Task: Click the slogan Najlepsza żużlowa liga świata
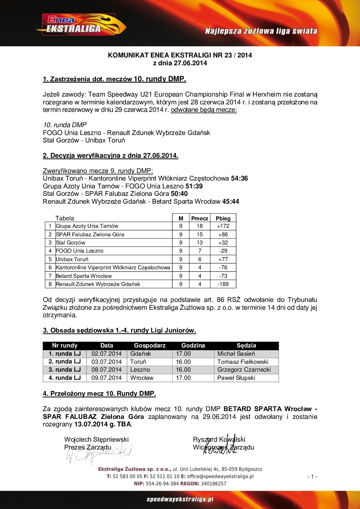(x=261, y=31)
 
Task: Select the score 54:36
(x=239, y=179)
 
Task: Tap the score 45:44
(x=230, y=202)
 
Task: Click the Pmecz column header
(x=199, y=218)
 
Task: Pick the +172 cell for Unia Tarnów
(x=223, y=226)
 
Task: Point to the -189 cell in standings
(x=223, y=284)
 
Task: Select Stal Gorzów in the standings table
(x=71, y=243)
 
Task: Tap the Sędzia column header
(x=246, y=345)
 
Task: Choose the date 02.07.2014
(x=107, y=354)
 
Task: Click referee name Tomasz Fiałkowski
(x=243, y=362)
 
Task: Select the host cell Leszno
(x=140, y=370)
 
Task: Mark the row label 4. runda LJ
(x=65, y=378)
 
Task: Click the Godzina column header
(x=193, y=345)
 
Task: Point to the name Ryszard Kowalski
(x=219, y=440)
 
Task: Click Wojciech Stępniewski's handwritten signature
(x=99, y=454)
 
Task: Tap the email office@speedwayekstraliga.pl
(x=220, y=476)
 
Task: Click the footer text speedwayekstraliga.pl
(x=180, y=499)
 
